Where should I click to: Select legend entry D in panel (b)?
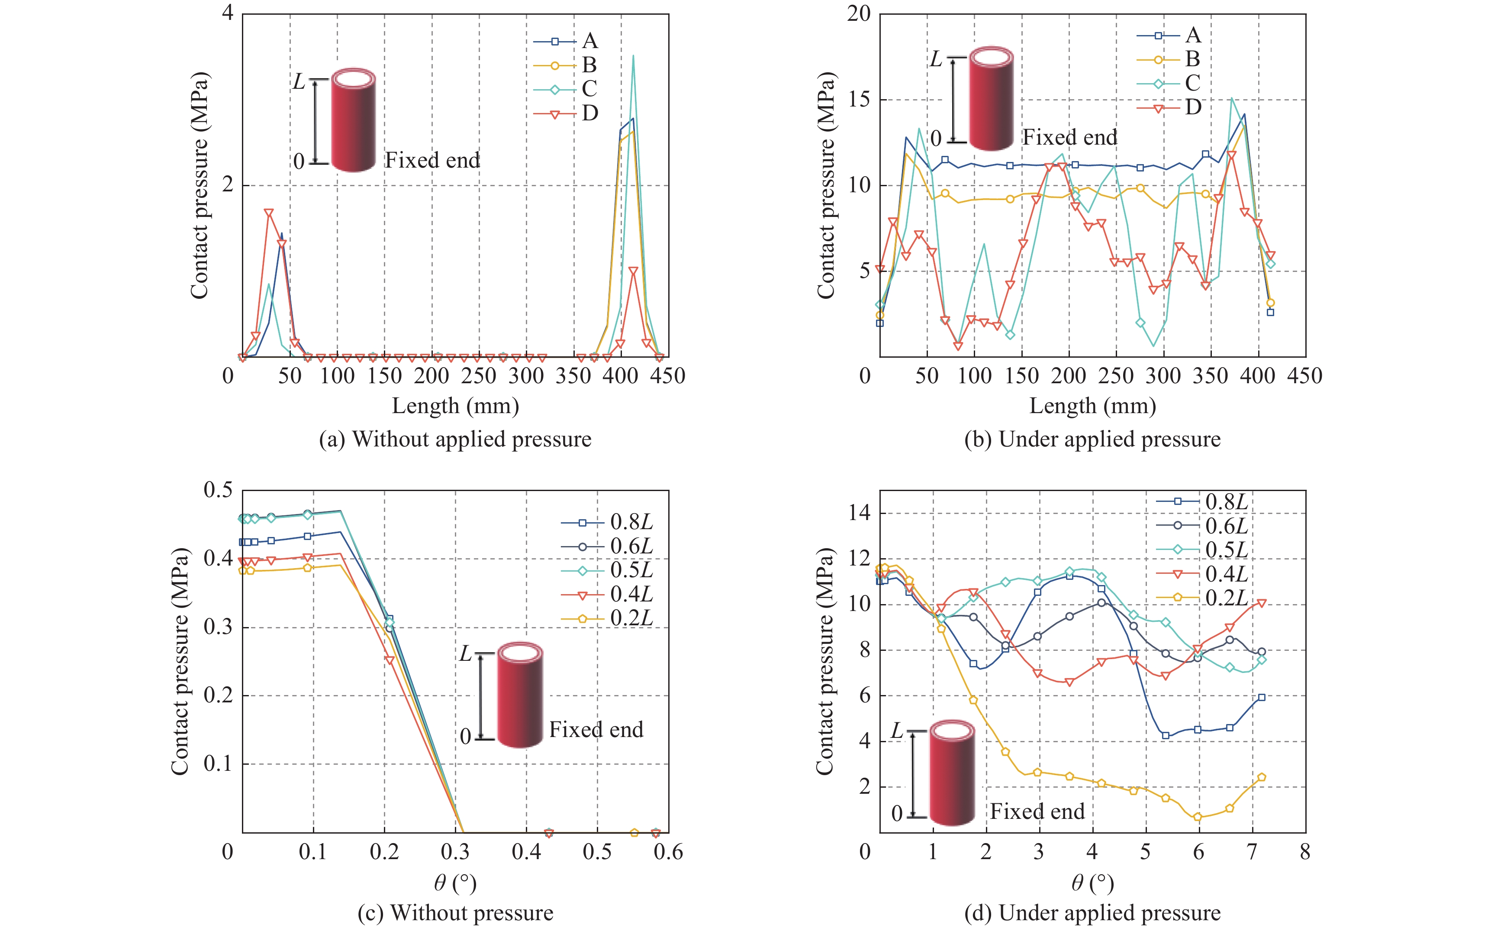(1169, 108)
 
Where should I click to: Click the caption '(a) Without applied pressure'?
(455, 440)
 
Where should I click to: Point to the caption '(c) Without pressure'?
(455, 913)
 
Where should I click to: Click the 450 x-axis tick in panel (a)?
(667, 375)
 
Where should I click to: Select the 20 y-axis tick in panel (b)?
(859, 14)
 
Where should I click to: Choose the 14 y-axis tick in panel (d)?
(859, 513)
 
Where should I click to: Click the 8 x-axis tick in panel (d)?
(1304, 852)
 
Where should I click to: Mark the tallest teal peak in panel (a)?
(633, 56)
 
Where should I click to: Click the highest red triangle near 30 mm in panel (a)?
(269, 213)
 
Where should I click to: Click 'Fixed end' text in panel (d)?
(1037, 812)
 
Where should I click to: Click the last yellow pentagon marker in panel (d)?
(1262, 777)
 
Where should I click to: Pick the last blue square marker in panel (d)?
(1262, 697)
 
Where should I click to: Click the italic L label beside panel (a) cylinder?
(299, 82)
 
